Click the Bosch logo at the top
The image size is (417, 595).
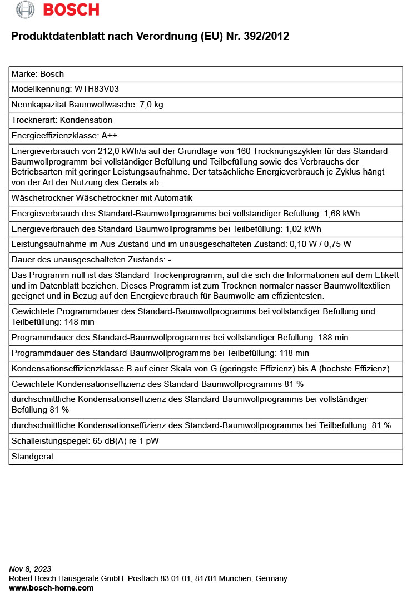click(58, 9)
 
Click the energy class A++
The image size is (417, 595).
click(109, 136)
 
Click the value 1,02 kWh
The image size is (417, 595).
click(303, 229)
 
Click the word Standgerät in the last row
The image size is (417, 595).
click(32, 457)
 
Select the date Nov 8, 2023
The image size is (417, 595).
click(30, 569)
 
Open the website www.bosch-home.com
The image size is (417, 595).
click(51, 588)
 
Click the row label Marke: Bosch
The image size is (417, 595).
click(38, 73)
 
